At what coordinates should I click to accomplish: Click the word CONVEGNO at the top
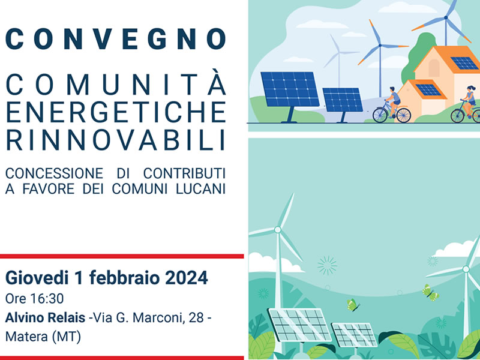(116, 39)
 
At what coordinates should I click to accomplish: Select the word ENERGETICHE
(116, 112)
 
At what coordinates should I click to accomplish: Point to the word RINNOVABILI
(116, 140)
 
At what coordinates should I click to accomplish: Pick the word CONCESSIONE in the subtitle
(54, 173)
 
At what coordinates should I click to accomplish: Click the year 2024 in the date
(187, 278)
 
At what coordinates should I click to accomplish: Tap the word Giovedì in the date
(37, 278)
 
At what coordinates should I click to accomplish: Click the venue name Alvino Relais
(46, 318)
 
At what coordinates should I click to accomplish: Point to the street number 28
(196, 318)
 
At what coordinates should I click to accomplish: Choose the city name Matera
(26, 337)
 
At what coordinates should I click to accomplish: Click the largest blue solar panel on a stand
(290, 89)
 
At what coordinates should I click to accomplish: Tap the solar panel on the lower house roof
(428, 89)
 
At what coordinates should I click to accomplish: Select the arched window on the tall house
(434, 68)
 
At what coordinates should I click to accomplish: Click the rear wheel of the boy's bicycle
(403, 115)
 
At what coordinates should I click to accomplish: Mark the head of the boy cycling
(393, 90)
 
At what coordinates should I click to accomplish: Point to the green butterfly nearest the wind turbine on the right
(430, 293)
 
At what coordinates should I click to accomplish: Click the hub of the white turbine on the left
(278, 230)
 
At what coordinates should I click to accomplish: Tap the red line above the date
(122, 256)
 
